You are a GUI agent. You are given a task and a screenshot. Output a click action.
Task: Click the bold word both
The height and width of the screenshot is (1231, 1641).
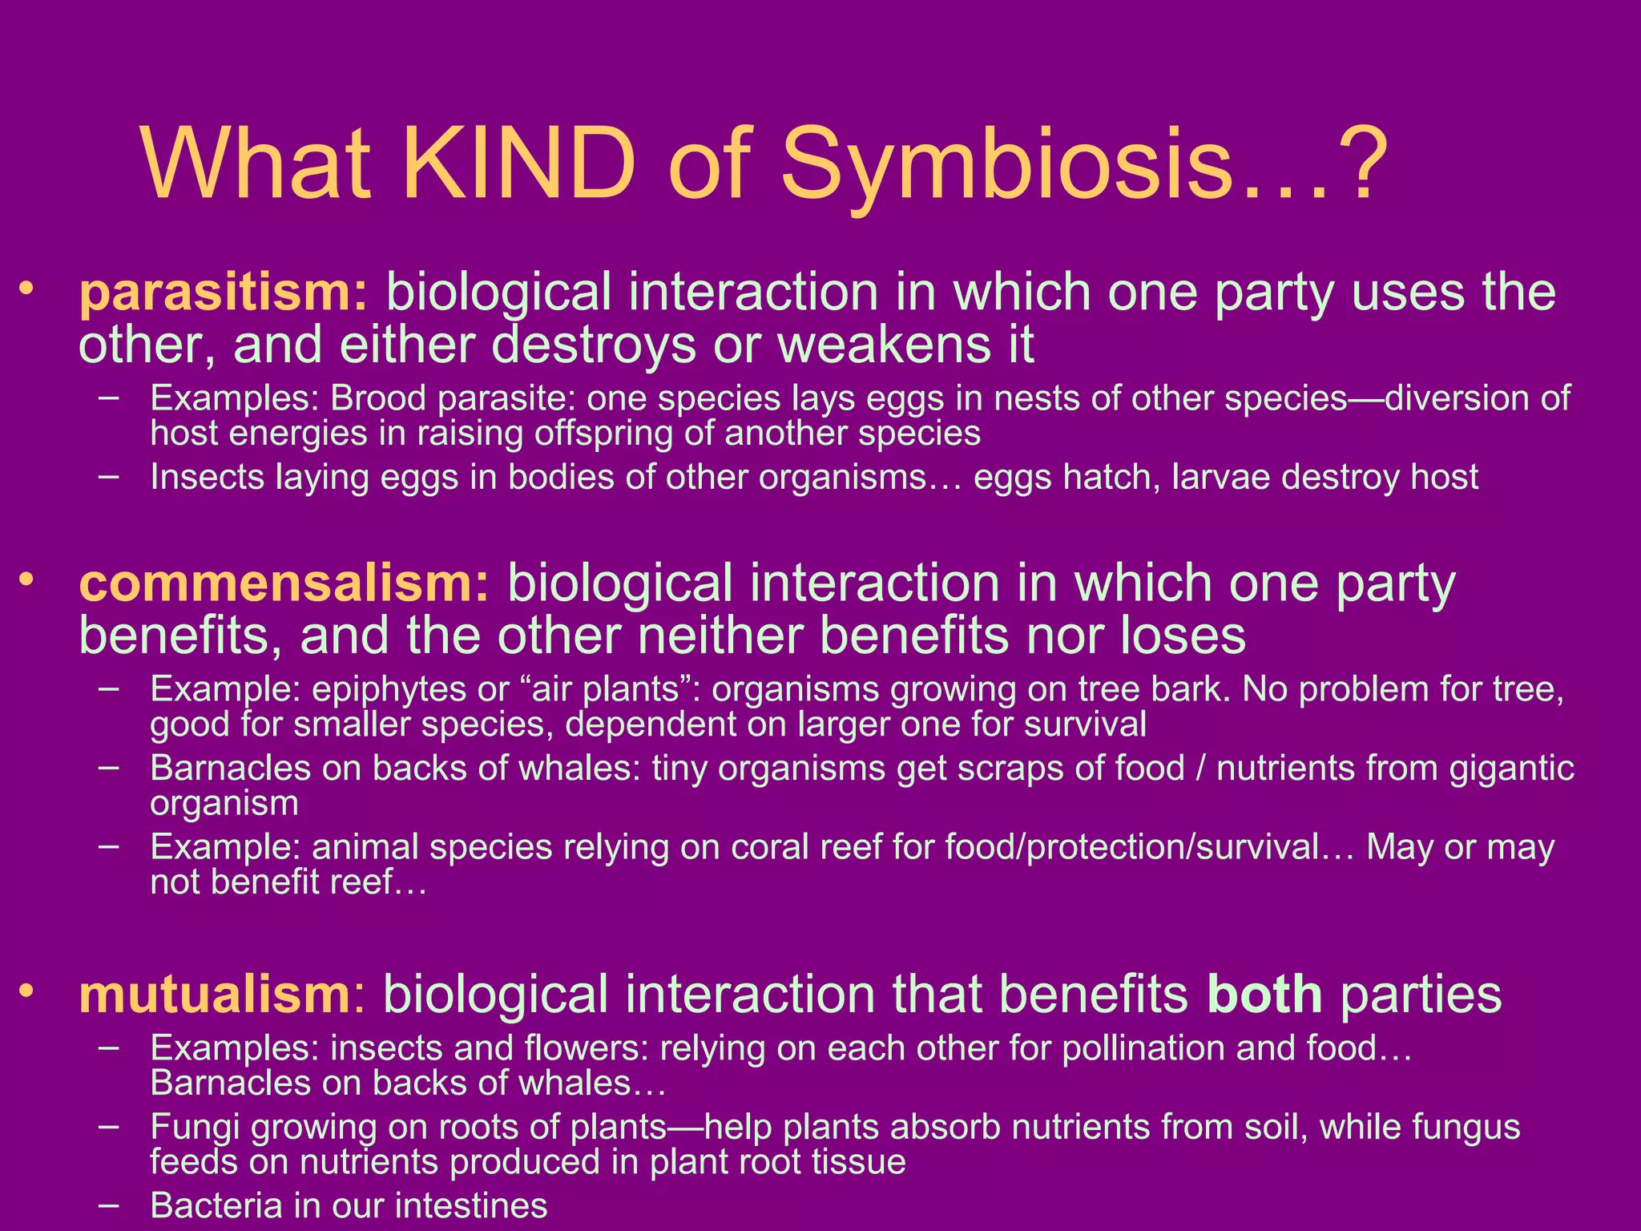1264,995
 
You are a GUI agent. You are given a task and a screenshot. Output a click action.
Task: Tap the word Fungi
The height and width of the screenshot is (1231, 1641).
195,1127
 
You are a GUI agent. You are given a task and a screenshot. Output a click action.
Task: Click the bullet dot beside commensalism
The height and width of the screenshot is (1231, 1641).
28,579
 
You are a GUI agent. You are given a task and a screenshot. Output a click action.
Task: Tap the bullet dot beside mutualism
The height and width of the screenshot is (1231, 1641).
28,991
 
